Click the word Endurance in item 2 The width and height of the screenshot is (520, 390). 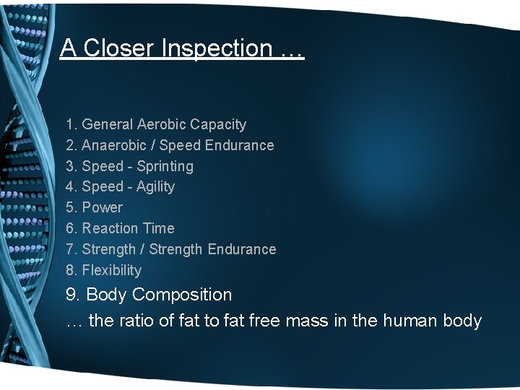[239, 145]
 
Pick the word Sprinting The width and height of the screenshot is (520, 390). [165, 166]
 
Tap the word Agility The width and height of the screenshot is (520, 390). [155, 186]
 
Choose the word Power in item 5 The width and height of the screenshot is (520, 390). [102, 207]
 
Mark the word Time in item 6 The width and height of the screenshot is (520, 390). [158, 228]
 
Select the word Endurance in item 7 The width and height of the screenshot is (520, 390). [241, 249]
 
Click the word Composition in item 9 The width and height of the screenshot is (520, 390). [182, 295]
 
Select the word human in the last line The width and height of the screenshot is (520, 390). [414, 321]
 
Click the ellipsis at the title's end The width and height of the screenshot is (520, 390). [292, 48]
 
